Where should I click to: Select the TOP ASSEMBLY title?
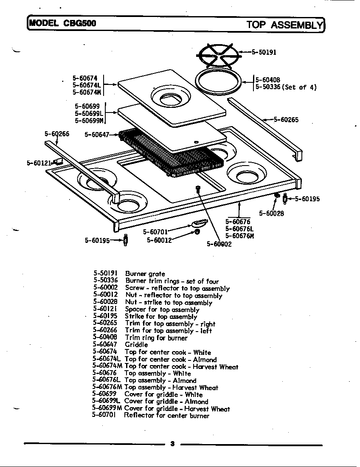click(285, 25)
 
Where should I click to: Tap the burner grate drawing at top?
click(218, 55)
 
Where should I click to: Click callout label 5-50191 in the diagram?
click(264, 52)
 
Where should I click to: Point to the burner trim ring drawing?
click(219, 81)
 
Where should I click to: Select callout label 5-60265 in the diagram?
click(286, 120)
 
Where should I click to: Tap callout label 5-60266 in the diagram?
click(57, 134)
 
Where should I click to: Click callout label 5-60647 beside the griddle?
click(97, 135)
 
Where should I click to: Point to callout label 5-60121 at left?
click(39, 163)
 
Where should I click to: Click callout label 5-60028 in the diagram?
click(271, 214)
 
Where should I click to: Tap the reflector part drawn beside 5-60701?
click(199, 223)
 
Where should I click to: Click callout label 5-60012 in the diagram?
click(159, 240)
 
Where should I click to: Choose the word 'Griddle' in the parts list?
click(136, 345)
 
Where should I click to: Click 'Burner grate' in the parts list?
click(145, 274)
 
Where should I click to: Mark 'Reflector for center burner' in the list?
click(166, 416)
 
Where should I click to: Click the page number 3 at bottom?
click(172, 444)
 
